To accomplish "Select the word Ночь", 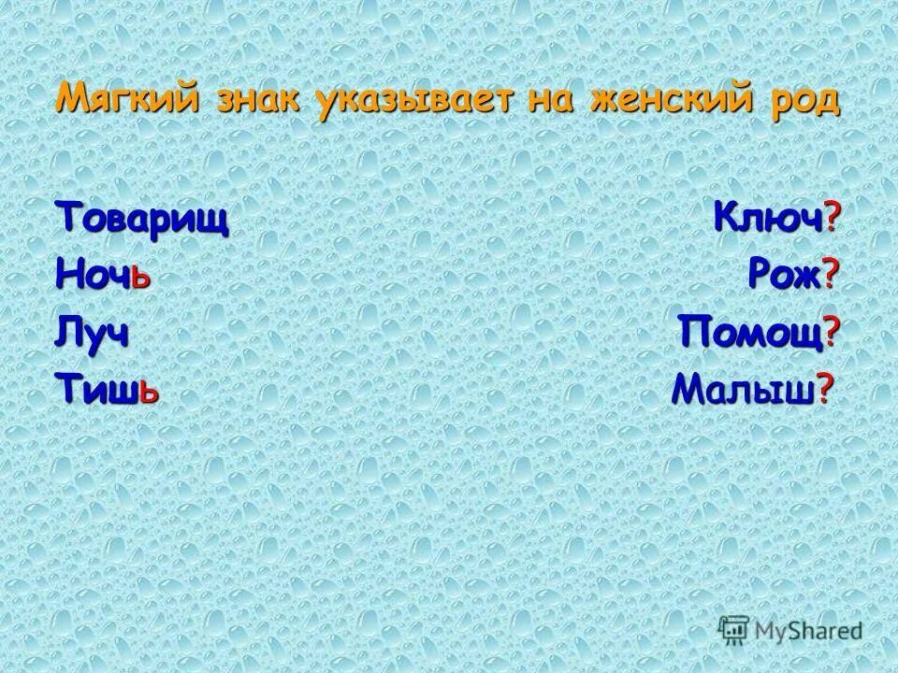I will point(103,276).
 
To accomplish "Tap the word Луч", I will point(92,331).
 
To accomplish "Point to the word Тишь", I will point(107,386).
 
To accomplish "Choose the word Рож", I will point(783,276).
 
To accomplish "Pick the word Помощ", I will point(751,331).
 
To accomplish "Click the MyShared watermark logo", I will point(791,631).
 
